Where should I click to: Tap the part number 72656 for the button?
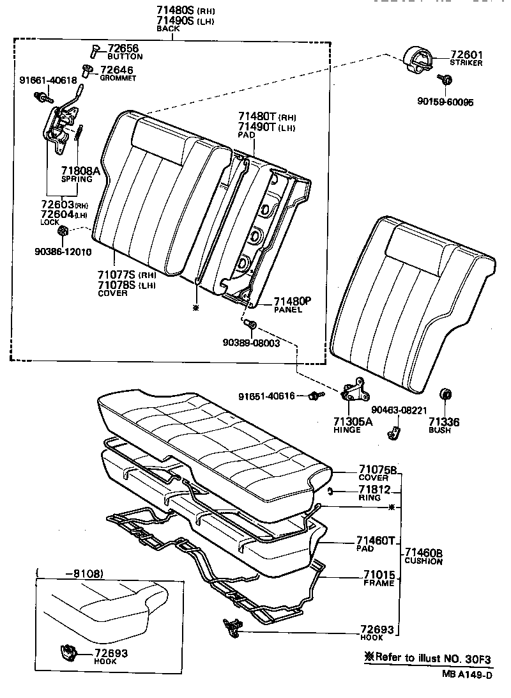pos(123,48)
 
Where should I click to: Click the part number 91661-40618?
pos(47,81)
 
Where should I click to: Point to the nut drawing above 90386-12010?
pos(63,231)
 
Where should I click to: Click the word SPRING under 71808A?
pos(77,180)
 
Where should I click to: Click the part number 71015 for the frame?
pos(379,575)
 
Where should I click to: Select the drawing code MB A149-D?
pos(469,674)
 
